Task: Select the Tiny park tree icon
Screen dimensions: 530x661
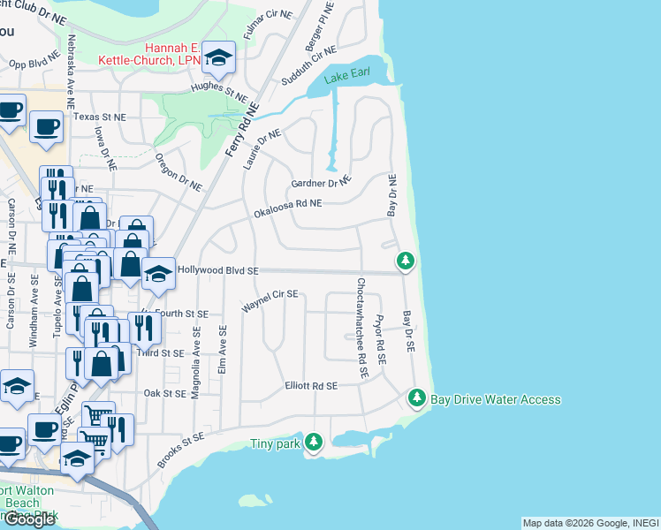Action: coord(314,443)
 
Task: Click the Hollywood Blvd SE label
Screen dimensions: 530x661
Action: coord(217,271)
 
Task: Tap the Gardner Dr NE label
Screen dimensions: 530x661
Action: coord(321,183)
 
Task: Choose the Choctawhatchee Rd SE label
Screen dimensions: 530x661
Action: coord(361,329)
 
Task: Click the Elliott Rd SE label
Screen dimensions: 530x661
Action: coord(311,386)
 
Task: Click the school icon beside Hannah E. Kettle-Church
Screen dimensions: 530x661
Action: coord(218,58)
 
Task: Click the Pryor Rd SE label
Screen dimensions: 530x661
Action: coord(380,340)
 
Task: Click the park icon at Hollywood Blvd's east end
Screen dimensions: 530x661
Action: coord(406,261)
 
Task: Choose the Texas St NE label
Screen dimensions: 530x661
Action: coord(100,116)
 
